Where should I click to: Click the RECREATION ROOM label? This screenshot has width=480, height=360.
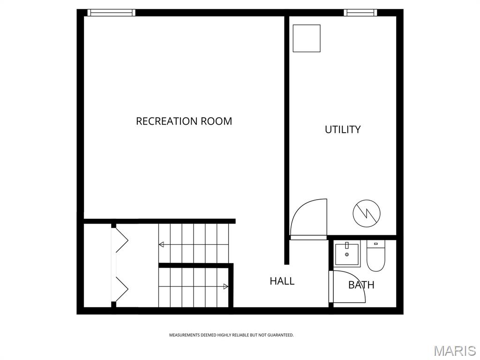point(184,121)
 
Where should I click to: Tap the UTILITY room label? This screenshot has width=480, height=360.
point(343,129)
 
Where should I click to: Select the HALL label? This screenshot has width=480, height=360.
point(282,281)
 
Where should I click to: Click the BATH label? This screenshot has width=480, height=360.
point(361,285)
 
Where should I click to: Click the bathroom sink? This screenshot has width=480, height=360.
point(347,254)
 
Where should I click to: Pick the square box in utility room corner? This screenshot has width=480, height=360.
point(307,38)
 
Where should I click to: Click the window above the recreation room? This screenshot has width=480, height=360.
point(112,13)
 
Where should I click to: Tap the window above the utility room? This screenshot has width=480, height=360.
point(360,13)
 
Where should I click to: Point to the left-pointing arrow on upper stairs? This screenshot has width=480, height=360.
point(161,244)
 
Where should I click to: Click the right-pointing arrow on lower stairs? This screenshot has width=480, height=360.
point(225,286)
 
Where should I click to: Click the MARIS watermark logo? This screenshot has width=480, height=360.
point(454,351)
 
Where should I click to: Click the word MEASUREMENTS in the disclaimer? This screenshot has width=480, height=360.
point(184,335)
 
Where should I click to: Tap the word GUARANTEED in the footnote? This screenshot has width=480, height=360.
point(281,335)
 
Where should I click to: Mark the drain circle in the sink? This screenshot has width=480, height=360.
point(347,255)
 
